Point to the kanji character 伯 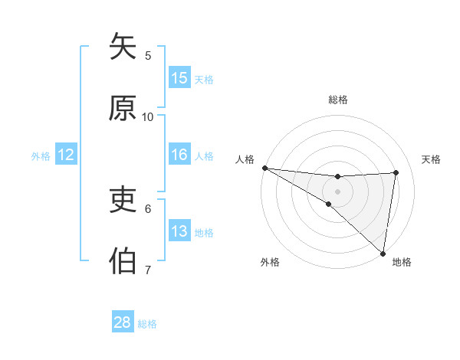tap(123, 261)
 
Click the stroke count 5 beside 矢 tap(148, 55)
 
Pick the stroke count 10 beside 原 tap(148, 116)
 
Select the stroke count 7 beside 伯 tap(148, 270)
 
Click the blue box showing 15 tap(179, 78)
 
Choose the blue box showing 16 tap(179, 155)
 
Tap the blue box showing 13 tap(179, 231)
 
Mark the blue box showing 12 tap(66, 155)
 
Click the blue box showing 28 tap(123, 322)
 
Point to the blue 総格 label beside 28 tap(147, 324)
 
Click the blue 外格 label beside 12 tap(41, 156)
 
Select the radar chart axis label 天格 tap(432, 159)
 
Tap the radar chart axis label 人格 tap(245, 159)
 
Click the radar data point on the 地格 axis tap(383, 253)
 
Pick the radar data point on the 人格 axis tap(264, 168)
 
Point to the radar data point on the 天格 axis tap(396, 173)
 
